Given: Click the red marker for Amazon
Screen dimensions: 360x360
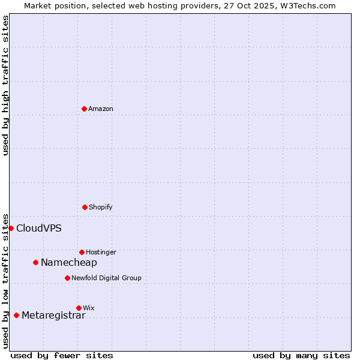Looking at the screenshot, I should pyautogui.click(x=84, y=109).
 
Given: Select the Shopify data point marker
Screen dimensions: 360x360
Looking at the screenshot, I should pyautogui.click(x=85, y=207).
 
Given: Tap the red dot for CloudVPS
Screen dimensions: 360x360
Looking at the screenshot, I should pyautogui.click(x=11, y=228).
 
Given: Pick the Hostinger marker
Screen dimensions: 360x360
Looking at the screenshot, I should pyautogui.click(x=82, y=252).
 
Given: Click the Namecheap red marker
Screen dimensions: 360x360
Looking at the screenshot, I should pyautogui.click(x=35, y=262).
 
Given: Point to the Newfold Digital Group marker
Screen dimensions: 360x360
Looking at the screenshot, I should pyautogui.click(x=67, y=278).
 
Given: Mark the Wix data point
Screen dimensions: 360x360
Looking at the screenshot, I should pyautogui.click(x=79, y=308).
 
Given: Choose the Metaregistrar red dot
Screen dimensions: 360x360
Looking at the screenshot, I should pyautogui.click(x=16, y=315).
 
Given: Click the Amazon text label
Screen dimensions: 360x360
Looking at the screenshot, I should pyautogui.click(x=101, y=109).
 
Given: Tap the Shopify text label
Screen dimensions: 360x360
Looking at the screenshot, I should pyautogui.click(x=101, y=207).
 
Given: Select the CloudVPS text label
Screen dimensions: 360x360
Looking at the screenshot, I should pyautogui.click(x=39, y=228).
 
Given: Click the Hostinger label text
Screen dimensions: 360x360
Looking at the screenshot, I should pyautogui.click(x=101, y=252).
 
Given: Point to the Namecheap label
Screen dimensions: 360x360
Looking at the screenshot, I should pyautogui.click(x=69, y=262).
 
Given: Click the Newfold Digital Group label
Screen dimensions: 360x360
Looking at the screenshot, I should pyautogui.click(x=107, y=278).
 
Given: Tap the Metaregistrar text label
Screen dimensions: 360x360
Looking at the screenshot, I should pyautogui.click(x=53, y=316).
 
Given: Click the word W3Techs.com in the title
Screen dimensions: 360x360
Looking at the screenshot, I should pyautogui.click(x=310, y=5).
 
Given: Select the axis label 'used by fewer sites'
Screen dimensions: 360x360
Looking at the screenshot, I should pyautogui.click(x=62, y=355).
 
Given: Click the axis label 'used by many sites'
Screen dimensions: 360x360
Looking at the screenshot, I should pyautogui.click(x=301, y=355).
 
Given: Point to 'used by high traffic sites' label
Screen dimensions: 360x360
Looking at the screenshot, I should pyautogui.click(x=5, y=85).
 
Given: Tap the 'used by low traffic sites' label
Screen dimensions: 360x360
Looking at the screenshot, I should pyautogui.click(x=5, y=280).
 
